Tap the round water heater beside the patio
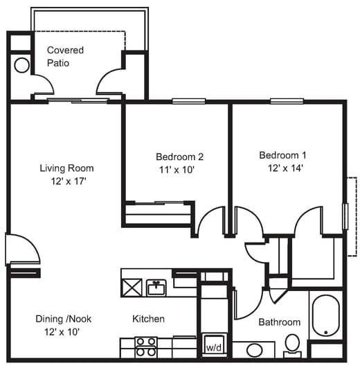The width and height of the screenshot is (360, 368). point(21,66)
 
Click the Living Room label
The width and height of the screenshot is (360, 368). point(66,168)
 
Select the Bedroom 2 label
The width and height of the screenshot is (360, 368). point(179,157)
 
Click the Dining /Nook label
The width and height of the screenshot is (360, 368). point(64,319)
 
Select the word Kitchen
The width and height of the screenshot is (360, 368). point(148,319)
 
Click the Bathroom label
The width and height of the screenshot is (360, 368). point(280,322)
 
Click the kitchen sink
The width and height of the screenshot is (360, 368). point(156,287)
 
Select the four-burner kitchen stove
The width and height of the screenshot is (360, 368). point(145,347)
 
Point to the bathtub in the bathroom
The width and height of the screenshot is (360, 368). point(325,317)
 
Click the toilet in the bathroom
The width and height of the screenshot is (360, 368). point(292,344)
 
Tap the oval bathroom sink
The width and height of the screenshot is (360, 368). point(254,350)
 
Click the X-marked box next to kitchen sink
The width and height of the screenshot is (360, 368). point(132,286)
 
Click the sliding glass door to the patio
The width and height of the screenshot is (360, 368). point(78,101)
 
